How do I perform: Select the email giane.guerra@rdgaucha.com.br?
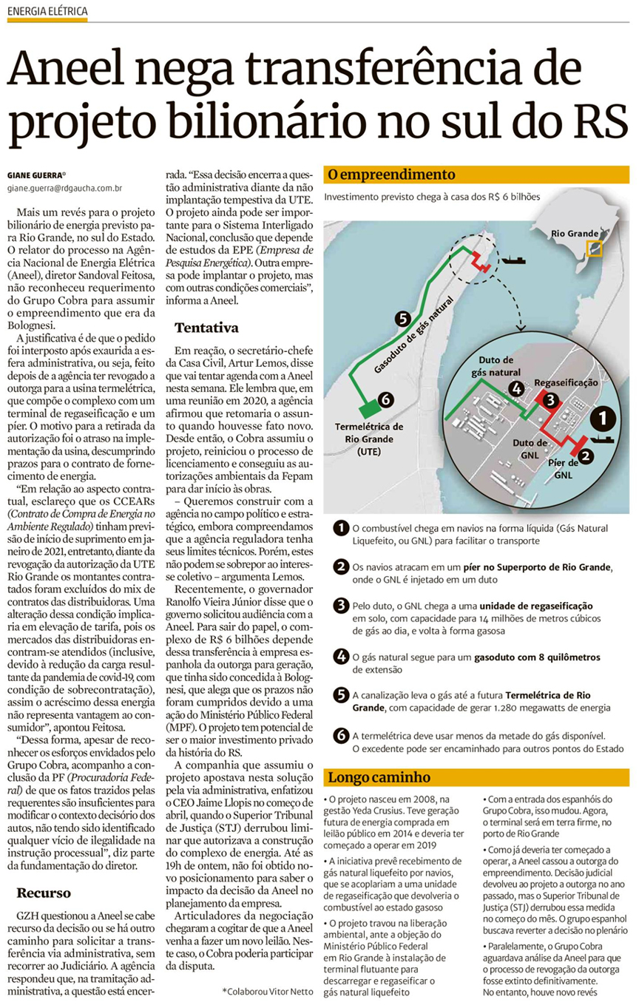64,190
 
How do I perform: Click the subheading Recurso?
44,892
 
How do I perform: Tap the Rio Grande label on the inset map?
574,234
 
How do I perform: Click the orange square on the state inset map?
593,250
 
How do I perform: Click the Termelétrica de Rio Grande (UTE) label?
369,439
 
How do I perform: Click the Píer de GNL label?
567,469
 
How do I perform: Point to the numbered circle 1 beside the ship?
605,419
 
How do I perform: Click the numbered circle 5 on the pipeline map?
402,319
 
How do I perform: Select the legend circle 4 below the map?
340,656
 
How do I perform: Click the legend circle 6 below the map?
340,735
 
